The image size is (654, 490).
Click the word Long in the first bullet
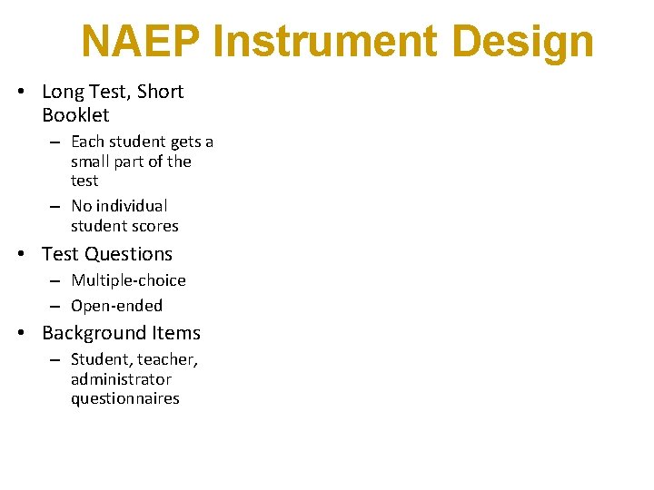point(63,92)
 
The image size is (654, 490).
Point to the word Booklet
point(75,115)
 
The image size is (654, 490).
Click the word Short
point(161,92)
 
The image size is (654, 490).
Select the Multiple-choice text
point(128,280)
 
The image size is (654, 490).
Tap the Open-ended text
point(116,306)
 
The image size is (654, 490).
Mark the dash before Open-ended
point(55,307)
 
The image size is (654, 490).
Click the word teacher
point(166,360)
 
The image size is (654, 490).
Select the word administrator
point(121,379)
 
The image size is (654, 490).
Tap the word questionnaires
point(125,399)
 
